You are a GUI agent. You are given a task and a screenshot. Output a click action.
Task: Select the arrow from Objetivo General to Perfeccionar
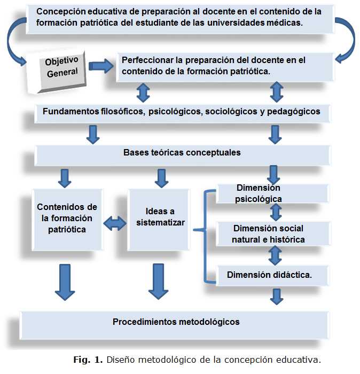pos(101,66)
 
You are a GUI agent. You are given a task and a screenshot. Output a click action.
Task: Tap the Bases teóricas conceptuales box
pos(182,153)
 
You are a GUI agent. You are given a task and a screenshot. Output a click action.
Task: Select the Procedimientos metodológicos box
pos(176,322)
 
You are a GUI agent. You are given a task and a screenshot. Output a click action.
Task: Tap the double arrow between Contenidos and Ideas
pos(115,223)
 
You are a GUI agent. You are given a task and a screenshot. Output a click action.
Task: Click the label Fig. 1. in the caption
pos(88,359)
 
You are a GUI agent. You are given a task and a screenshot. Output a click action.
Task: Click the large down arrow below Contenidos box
pos(65,282)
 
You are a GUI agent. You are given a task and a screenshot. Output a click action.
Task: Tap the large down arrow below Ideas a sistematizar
pos(159,282)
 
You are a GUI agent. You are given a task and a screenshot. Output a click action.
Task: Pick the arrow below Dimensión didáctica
pos(276,296)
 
